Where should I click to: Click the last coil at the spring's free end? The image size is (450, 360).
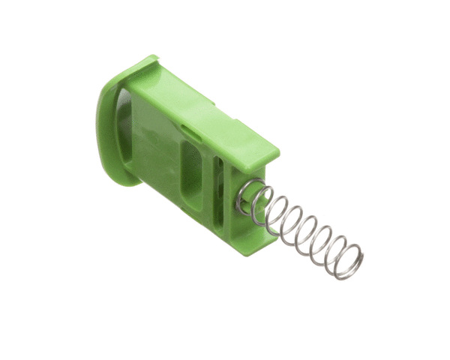pos(349,262)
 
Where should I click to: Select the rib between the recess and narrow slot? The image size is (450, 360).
pos(208,180)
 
